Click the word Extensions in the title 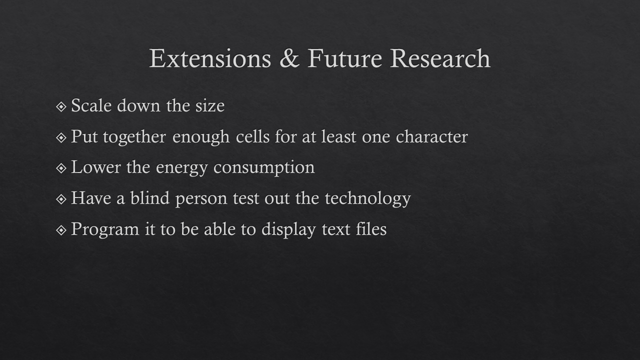[210, 58]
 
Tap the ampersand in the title [289, 58]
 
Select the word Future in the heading [344, 58]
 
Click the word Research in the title [440, 58]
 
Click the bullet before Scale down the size [61, 107]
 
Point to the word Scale [91, 105]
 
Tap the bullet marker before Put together [61, 137]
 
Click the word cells [252, 136]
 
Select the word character [431, 136]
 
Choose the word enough [201, 137]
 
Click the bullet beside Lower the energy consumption [61, 168]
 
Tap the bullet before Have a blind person [61, 199]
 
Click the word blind [149, 197]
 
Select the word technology [367, 199]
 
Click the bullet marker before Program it [61, 230]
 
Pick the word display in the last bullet [288, 229]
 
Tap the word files [371, 228]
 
